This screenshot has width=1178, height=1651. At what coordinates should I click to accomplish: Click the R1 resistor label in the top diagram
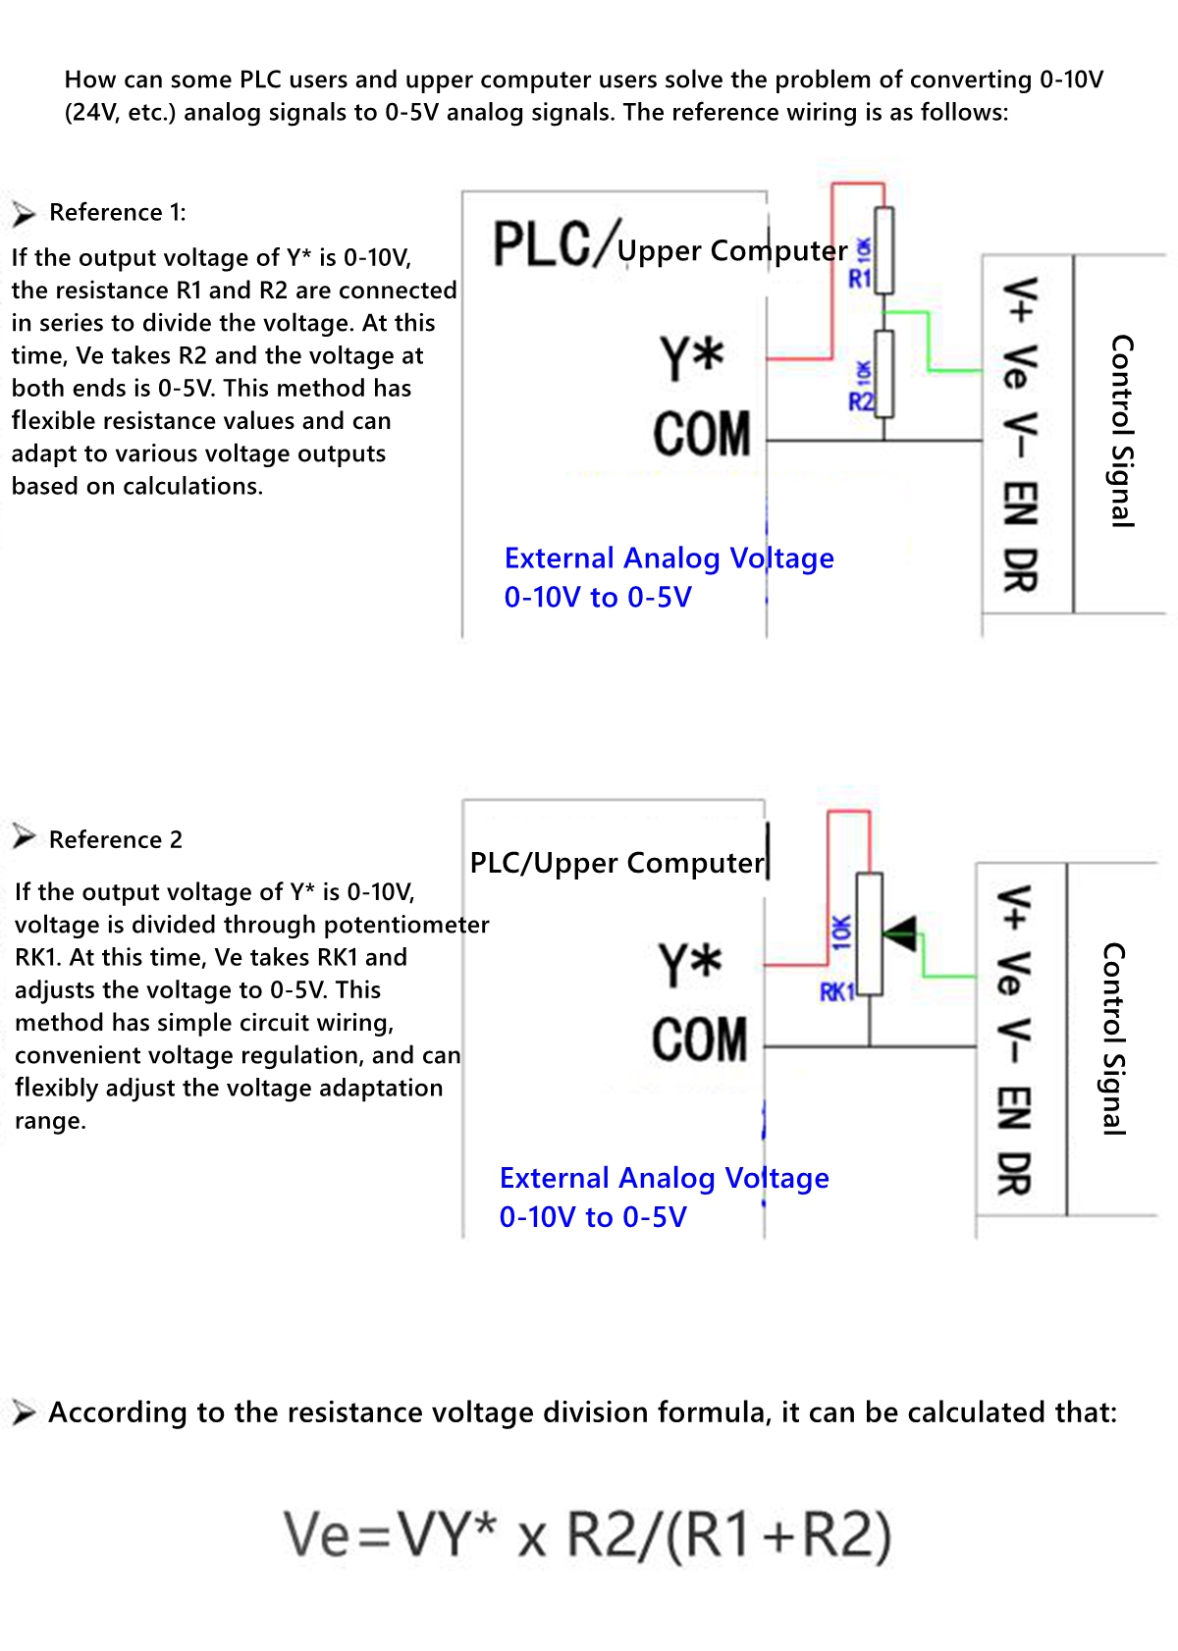pyautogui.click(x=860, y=279)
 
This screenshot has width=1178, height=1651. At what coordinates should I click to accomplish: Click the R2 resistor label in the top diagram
pyautogui.click(x=860, y=400)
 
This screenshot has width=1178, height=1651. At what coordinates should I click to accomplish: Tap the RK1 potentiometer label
pyautogui.click(x=837, y=991)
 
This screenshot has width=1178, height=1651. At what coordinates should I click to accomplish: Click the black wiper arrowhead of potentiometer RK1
pyautogui.click(x=900, y=932)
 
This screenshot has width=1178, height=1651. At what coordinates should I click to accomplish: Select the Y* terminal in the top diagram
pyautogui.click(x=692, y=358)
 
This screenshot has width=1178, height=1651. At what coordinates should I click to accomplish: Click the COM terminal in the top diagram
pyautogui.click(x=702, y=434)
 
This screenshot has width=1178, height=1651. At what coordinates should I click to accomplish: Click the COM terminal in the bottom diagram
pyautogui.click(x=700, y=1040)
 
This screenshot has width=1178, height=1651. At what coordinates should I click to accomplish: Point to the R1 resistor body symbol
pyautogui.click(x=884, y=250)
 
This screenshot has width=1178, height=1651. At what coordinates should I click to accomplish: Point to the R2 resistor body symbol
pyautogui.click(x=884, y=374)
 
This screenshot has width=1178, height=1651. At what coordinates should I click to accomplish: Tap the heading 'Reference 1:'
pyautogui.click(x=117, y=212)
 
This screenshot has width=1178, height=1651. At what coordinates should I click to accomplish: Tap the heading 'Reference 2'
pyautogui.click(x=115, y=839)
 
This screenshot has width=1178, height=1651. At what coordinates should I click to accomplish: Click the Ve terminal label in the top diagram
pyautogui.click(x=1020, y=367)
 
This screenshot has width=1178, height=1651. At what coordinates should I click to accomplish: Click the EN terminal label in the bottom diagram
pyautogui.click(x=1014, y=1108)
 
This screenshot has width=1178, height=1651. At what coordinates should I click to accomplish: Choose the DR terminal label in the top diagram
pyautogui.click(x=1020, y=570)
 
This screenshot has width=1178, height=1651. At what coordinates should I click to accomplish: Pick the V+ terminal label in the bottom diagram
pyautogui.click(x=1014, y=907)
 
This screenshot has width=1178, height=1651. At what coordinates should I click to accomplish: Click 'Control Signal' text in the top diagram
pyautogui.click(x=1121, y=431)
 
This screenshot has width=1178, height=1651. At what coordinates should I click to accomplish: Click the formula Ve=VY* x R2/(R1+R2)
pyautogui.click(x=587, y=1534)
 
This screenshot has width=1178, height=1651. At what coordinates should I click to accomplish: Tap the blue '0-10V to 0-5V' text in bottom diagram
pyautogui.click(x=593, y=1217)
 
